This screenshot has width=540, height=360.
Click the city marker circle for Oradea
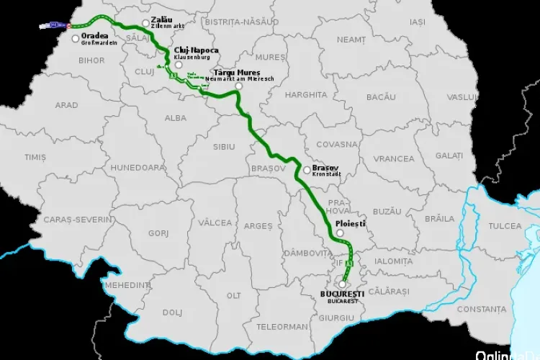tap(76, 37)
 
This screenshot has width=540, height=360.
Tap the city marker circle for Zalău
tap(146, 23)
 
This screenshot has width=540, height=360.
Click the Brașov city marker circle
tap(307, 171)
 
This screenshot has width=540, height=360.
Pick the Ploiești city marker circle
tap(340, 233)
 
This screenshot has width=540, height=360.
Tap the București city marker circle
tap(342, 284)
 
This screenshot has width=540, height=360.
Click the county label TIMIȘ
tap(35, 156)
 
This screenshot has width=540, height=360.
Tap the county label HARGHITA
tap(305, 94)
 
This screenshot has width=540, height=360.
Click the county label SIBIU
tap(224, 146)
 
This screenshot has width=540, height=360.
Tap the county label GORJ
tap(158, 233)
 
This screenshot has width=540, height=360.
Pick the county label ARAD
tap(66, 105)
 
